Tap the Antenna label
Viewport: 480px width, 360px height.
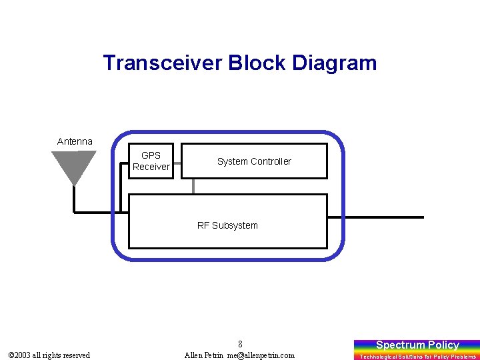click(x=75, y=141)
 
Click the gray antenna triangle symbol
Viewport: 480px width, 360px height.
click(x=74, y=165)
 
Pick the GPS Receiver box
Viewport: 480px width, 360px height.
click(x=151, y=161)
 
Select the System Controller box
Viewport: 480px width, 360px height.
click(x=254, y=161)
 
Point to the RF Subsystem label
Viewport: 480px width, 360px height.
click(x=227, y=225)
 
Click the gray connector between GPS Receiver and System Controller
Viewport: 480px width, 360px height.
click(x=177, y=161)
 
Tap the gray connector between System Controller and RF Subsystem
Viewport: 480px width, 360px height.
click(x=193, y=186)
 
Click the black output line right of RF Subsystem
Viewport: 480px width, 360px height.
click(x=384, y=217)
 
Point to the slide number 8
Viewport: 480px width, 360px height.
click(x=240, y=344)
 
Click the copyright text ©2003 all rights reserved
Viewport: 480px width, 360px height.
click(x=49, y=355)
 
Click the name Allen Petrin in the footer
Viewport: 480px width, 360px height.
click(x=204, y=355)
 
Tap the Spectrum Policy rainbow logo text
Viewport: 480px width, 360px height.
click(x=417, y=345)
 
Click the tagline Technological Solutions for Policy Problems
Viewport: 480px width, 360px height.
click(x=418, y=357)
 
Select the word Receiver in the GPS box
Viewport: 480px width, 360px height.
click(x=151, y=167)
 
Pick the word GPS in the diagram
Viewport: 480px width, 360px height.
click(x=151, y=155)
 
